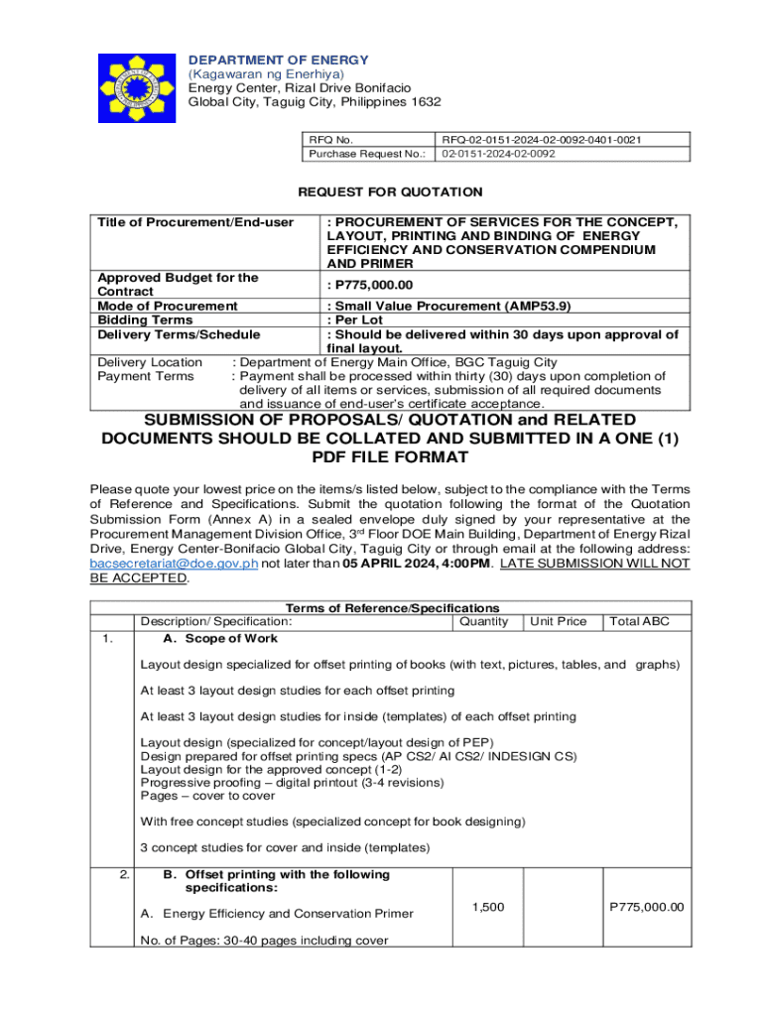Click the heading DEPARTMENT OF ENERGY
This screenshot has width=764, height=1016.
(279, 61)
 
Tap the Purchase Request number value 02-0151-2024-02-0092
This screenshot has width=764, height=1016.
(499, 154)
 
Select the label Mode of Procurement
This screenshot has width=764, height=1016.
(168, 306)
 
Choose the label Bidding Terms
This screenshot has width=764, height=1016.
(145, 320)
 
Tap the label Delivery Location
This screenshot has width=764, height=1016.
(150, 362)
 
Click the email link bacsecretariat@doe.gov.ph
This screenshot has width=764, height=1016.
(174, 563)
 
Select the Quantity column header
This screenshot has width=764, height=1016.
(484, 621)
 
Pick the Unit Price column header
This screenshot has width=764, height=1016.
(558, 621)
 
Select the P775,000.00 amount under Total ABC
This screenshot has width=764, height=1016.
(647, 907)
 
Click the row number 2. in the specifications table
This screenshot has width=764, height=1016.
(123, 874)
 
